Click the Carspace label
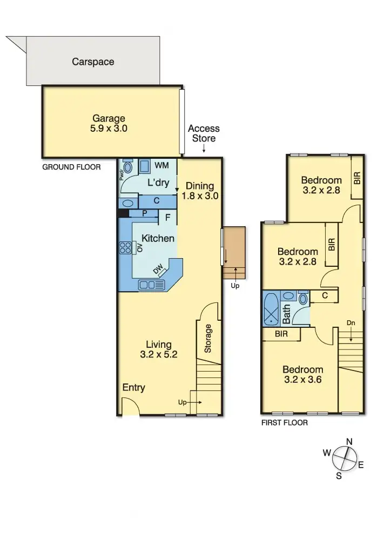coord(93,62)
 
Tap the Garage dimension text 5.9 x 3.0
coord(109,129)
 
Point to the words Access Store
coord(204,133)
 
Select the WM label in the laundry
coord(161,165)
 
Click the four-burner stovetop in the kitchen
coord(125,248)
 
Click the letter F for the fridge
coord(168,218)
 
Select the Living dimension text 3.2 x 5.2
coord(158,355)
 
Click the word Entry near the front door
coord(133,388)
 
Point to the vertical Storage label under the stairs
coord(208,339)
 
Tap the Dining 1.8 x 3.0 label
coord(200,191)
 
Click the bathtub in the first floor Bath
coord(272,309)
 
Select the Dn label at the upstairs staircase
coord(351,323)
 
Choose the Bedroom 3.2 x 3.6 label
coord(302,374)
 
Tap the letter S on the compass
coord(339,475)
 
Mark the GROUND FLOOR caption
coord(71,167)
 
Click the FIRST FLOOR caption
coord(285,423)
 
